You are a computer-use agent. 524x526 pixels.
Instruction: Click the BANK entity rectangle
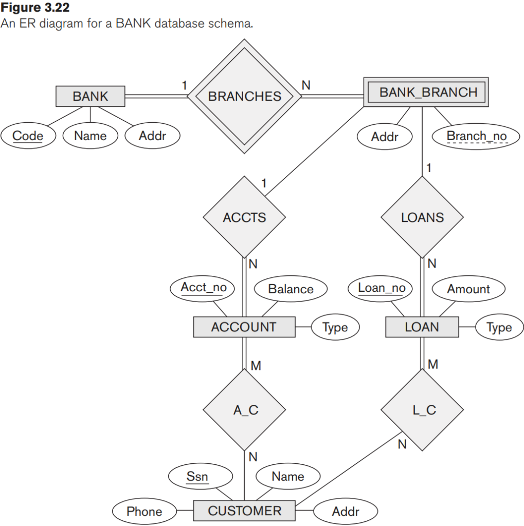tap(91, 96)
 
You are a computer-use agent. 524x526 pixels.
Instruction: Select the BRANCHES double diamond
tap(244, 97)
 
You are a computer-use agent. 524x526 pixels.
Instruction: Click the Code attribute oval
tap(28, 136)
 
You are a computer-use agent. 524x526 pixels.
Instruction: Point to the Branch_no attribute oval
tap(476, 137)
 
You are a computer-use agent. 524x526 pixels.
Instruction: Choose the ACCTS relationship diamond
tap(244, 217)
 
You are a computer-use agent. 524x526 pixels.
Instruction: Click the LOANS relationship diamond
tap(422, 217)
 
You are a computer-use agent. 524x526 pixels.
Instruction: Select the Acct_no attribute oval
tap(203, 288)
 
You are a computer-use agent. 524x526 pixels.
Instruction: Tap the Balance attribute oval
tap(291, 289)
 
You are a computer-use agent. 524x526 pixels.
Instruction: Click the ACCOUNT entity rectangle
tap(244, 327)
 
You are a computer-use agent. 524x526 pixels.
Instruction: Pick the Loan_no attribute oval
tap(382, 288)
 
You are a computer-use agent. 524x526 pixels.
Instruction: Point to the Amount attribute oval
tap(468, 289)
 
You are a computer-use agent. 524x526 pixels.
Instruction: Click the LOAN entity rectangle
tap(422, 327)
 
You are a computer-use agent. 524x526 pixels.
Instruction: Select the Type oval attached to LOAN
tap(499, 328)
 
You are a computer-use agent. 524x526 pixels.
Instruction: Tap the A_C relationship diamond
tap(244, 410)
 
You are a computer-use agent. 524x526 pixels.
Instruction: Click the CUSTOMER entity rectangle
tap(244, 511)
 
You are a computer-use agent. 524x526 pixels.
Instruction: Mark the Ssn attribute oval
tap(197, 477)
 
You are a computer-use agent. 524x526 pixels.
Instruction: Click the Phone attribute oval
tap(144, 512)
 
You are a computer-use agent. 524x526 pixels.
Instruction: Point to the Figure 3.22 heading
tap(35, 8)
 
